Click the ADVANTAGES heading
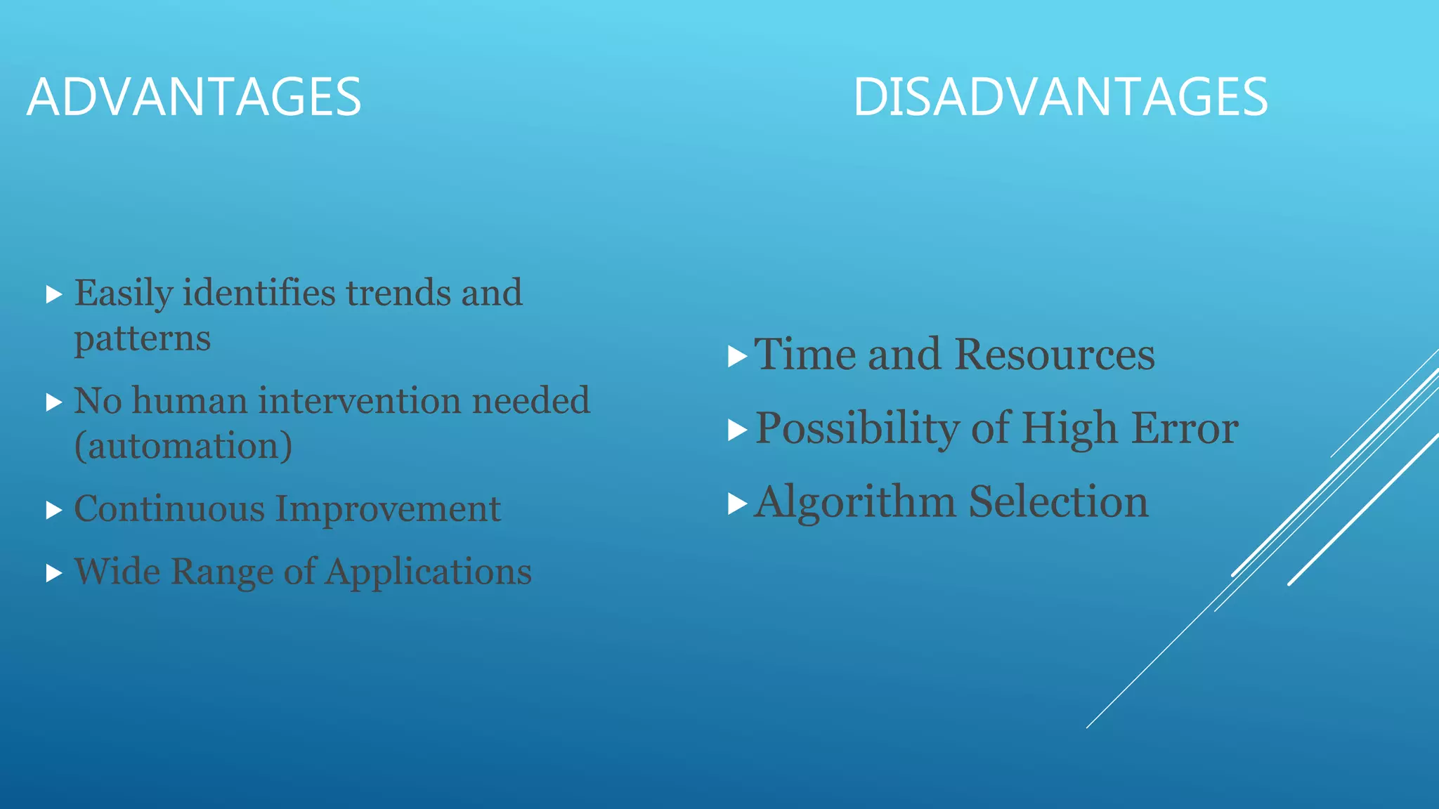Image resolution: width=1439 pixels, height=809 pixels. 194,97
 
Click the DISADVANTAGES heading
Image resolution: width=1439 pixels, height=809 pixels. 1060,97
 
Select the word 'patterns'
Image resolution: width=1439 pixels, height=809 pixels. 143,339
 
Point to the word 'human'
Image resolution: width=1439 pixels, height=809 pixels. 190,401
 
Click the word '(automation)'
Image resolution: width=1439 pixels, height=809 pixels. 183,446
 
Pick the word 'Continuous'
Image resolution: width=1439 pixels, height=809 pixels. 169,508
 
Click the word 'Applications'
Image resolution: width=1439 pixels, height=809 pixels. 429,572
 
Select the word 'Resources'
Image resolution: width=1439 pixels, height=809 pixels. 1055,354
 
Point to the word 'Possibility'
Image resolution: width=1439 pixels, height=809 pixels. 857,428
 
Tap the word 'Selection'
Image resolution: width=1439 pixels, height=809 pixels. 1059,502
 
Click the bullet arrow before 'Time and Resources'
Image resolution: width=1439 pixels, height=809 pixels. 736,357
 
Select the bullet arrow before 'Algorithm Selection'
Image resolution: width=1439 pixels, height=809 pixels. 736,504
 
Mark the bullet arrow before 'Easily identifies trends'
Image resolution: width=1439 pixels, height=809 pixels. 54,294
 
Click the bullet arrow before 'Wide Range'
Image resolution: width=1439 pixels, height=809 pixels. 54,573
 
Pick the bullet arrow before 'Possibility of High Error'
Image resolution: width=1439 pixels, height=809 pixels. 736,430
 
